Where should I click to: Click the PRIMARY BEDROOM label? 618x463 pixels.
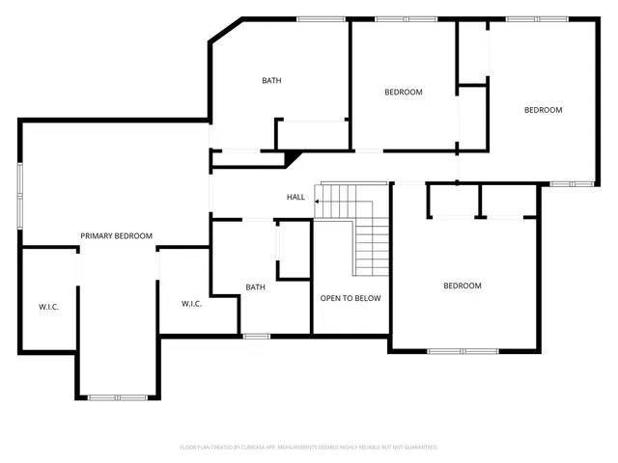point(116,235)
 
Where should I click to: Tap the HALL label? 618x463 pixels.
point(295,197)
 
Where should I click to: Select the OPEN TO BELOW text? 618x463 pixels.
point(351,298)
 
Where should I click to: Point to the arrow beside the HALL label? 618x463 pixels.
point(317,198)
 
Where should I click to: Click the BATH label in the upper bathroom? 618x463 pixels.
point(271,80)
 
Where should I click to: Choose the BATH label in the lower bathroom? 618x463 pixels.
point(255,286)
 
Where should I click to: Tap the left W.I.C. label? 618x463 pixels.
point(49,307)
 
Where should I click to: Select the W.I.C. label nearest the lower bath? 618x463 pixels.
point(191,304)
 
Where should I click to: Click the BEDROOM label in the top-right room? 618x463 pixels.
point(543,110)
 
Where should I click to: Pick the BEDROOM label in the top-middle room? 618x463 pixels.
point(404,92)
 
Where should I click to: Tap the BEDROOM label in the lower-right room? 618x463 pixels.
point(463,286)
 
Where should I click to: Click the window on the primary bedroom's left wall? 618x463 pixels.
point(19,196)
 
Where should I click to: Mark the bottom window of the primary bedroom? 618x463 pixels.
point(118,396)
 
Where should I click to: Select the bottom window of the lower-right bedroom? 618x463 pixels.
point(462,350)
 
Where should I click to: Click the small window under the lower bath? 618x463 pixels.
point(256,336)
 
